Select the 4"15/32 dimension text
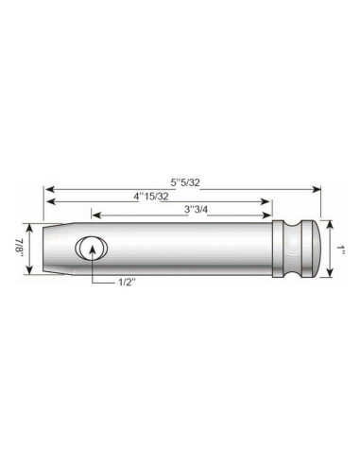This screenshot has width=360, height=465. (x=150, y=196)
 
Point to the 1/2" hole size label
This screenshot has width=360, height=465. (x=126, y=282)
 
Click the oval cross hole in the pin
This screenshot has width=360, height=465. (x=91, y=249)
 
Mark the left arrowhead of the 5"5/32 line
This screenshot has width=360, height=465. (x=48, y=188)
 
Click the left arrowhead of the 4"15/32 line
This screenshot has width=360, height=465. (x=48, y=203)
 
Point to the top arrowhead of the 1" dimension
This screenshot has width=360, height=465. (x=330, y=224)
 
